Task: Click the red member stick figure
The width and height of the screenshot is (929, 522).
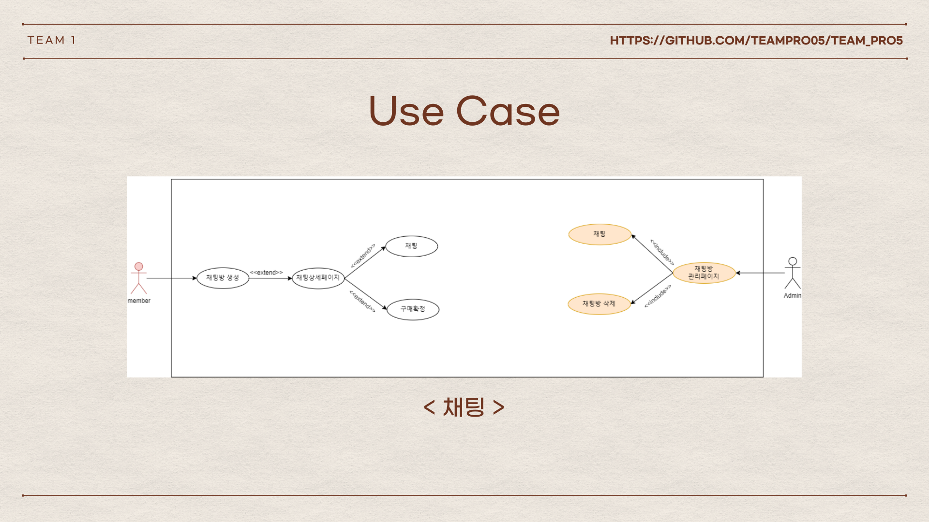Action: click(x=139, y=278)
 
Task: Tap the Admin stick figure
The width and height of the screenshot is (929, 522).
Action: click(x=793, y=273)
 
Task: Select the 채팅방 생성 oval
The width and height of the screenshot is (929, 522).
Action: click(x=223, y=278)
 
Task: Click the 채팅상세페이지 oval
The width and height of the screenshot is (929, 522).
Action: click(x=318, y=278)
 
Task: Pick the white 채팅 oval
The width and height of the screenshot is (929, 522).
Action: click(x=411, y=246)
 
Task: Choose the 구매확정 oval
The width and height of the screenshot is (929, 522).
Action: click(x=413, y=309)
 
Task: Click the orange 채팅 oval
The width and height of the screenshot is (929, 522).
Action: click(x=599, y=234)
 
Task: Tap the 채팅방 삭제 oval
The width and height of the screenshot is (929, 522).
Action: click(x=599, y=304)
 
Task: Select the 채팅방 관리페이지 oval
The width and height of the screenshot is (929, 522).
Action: click(x=704, y=273)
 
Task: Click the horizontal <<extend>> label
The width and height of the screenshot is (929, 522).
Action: click(x=266, y=273)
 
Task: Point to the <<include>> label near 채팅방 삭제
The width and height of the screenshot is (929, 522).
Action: click(x=658, y=296)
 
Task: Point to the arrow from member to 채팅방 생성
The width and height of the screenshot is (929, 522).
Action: click(x=172, y=278)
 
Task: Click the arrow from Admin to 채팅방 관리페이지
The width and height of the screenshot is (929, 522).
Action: click(x=760, y=273)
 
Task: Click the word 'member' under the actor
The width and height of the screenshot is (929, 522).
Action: click(x=139, y=301)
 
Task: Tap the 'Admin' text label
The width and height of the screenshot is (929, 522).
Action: click(x=793, y=295)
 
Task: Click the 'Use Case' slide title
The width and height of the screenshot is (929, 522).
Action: click(x=464, y=111)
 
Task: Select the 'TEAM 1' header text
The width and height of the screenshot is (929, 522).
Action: click(x=51, y=40)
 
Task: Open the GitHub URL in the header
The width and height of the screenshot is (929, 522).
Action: click(x=756, y=41)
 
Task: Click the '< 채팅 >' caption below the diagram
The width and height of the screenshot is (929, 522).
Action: click(x=464, y=407)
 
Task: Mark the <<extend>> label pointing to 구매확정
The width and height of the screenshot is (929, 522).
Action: click(x=362, y=301)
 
